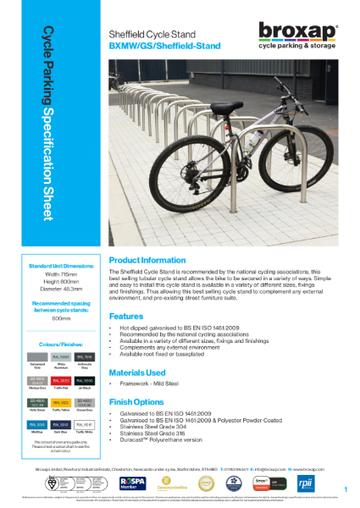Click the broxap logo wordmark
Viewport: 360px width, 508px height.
pyautogui.click(x=302, y=32)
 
